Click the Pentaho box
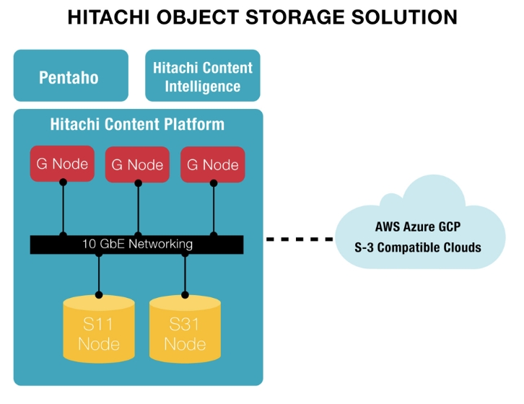(70, 76)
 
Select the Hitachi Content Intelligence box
(202, 76)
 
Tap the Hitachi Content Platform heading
(137, 124)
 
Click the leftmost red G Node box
(63, 164)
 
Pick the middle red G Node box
(137, 164)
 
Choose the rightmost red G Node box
(212, 164)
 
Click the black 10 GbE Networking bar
(137, 244)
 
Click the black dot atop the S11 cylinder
(98, 294)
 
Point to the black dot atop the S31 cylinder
(185, 294)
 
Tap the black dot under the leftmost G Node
(63, 183)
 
